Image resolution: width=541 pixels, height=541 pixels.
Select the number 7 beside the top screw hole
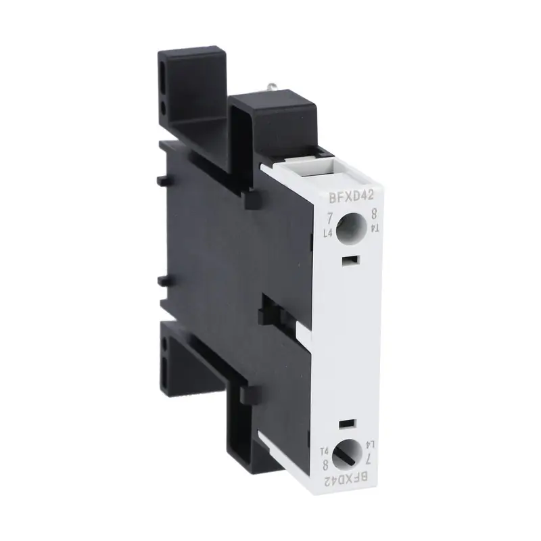click(329, 218)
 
